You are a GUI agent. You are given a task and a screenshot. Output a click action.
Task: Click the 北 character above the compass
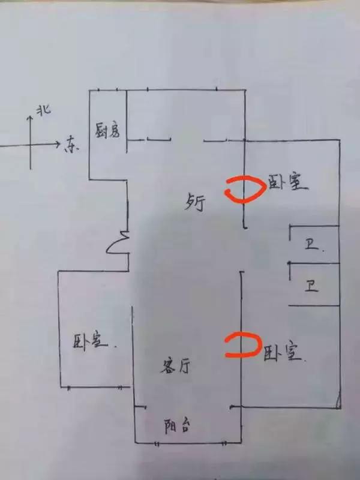click(43, 110)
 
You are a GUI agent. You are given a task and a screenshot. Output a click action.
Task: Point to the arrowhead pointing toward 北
click(30, 118)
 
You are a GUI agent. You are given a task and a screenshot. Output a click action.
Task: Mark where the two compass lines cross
click(30, 144)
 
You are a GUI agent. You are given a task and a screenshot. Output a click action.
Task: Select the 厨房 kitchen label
click(108, 131)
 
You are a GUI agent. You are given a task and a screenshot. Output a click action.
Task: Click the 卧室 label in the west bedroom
click(91, 341)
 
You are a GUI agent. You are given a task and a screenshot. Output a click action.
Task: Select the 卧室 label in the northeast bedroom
click(287, 182)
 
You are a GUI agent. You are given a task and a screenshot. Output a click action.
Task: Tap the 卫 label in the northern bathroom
click(311, 245)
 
